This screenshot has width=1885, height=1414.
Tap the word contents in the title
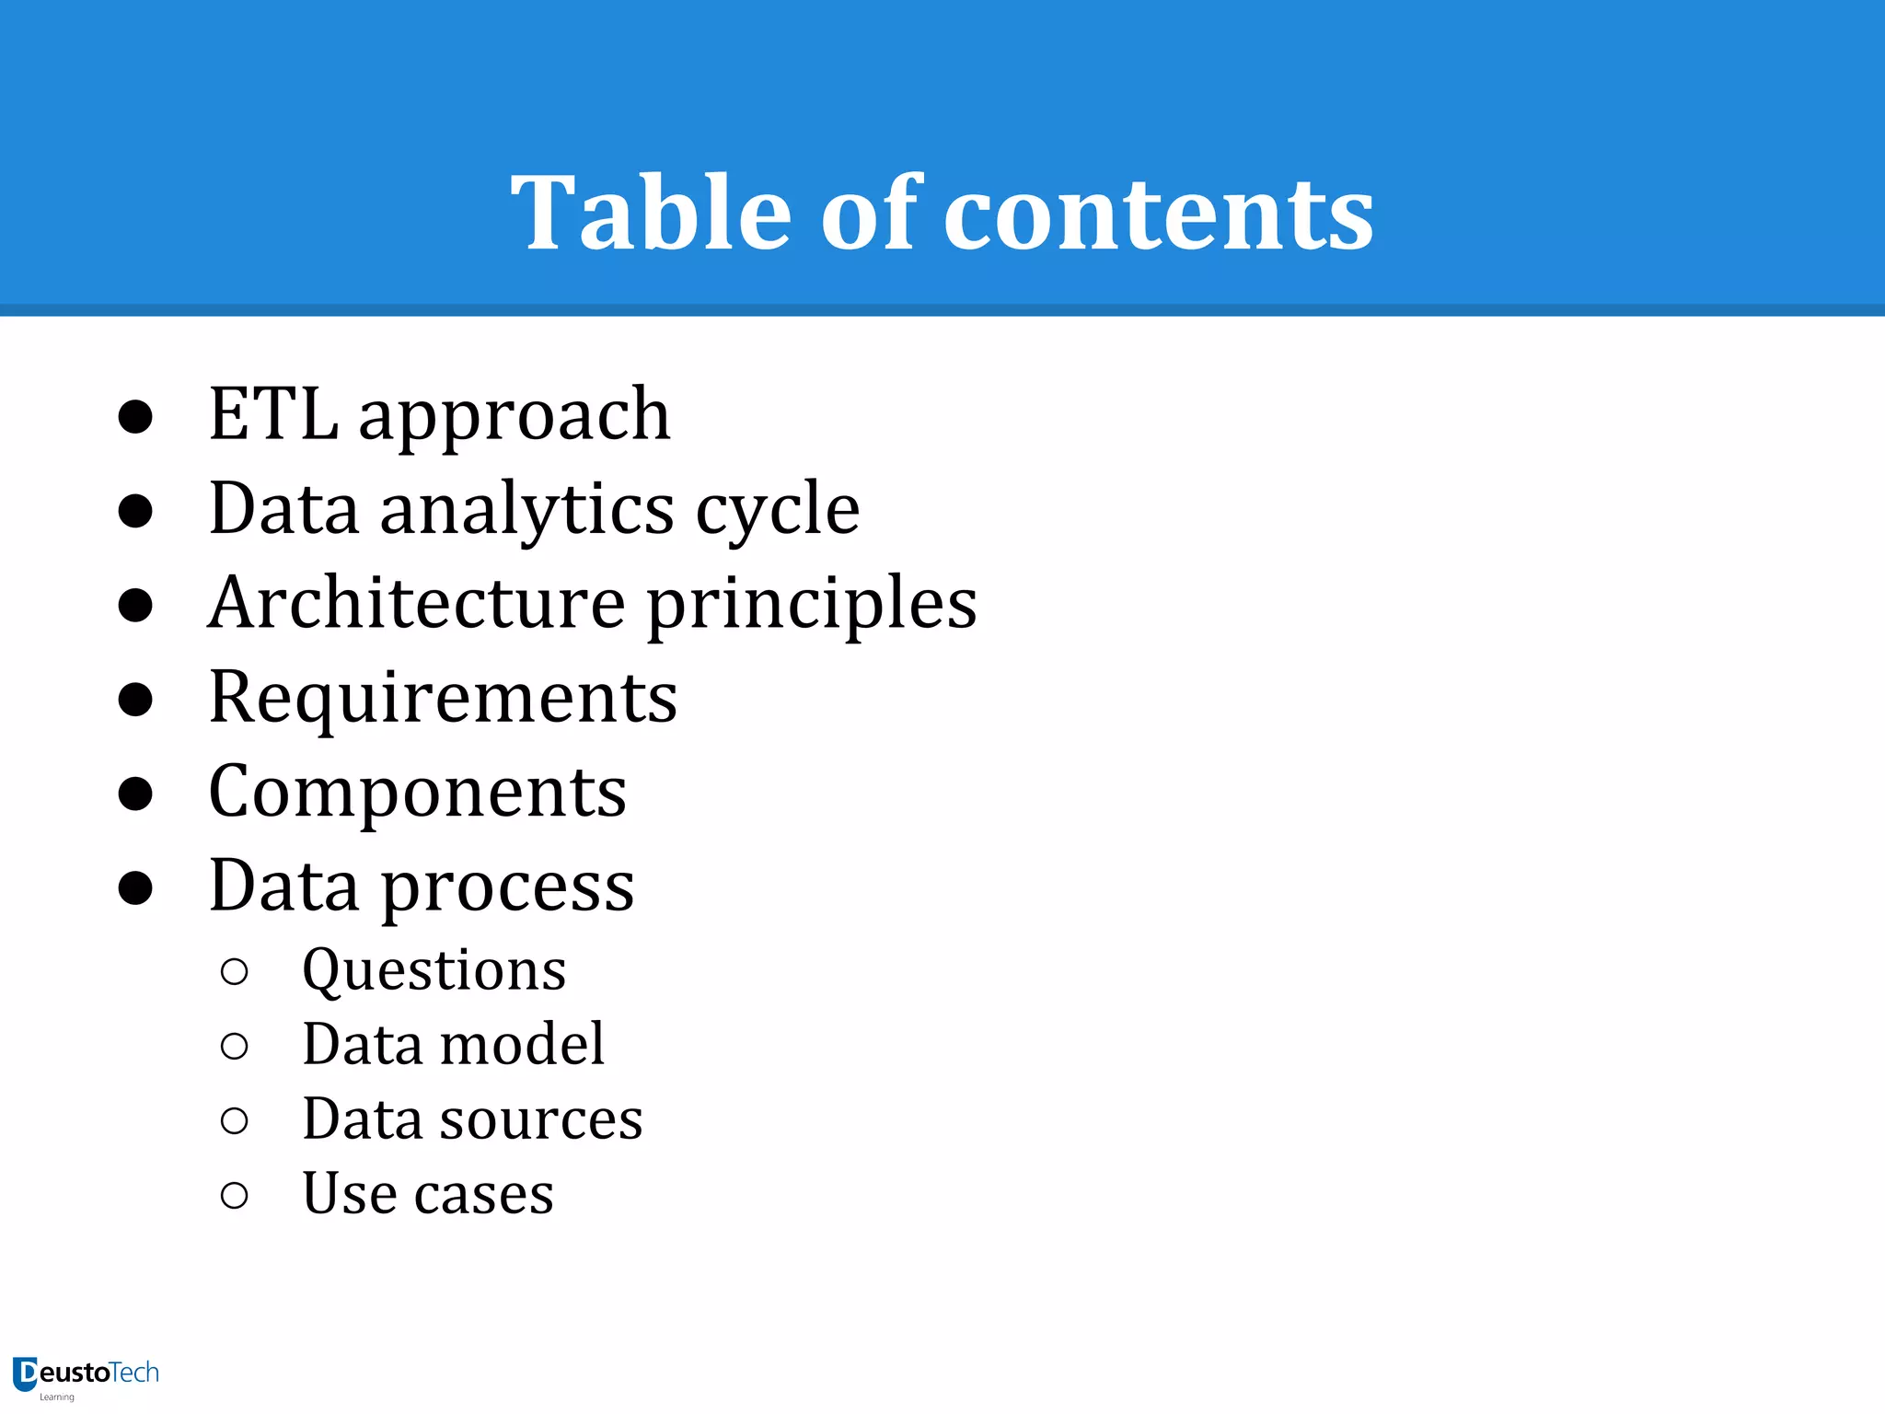(x=1159, y=214)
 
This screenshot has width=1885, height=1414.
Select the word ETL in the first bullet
(x=273, y=414)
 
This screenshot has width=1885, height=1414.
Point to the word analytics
(x=527, y=511)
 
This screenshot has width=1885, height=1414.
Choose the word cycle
(x=778, y=511)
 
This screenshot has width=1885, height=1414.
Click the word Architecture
(x=417, y=603)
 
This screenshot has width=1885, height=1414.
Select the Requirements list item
(x=443, y=698)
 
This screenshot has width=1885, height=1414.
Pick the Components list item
(x=418, y=792)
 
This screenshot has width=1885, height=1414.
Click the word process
(x=507, y=888)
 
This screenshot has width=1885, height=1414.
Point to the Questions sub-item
(x=434, y=971)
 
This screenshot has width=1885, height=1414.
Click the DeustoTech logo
(x=87, y=1375)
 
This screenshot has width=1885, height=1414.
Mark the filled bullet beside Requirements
(x=135, y=700)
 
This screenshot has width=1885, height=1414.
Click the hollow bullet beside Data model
(x=235, y=1046)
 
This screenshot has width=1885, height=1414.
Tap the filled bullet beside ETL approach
(x=135, y=417)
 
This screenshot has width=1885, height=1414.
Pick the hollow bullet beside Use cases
(x=235, y=1196)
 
